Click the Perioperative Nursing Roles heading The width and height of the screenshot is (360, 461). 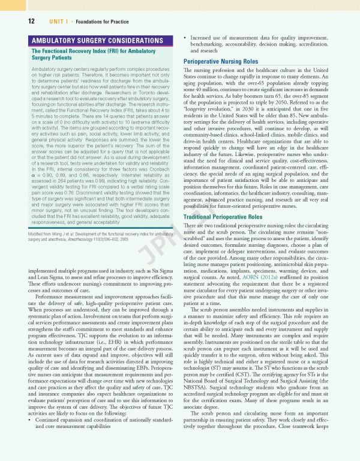(226, 61)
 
